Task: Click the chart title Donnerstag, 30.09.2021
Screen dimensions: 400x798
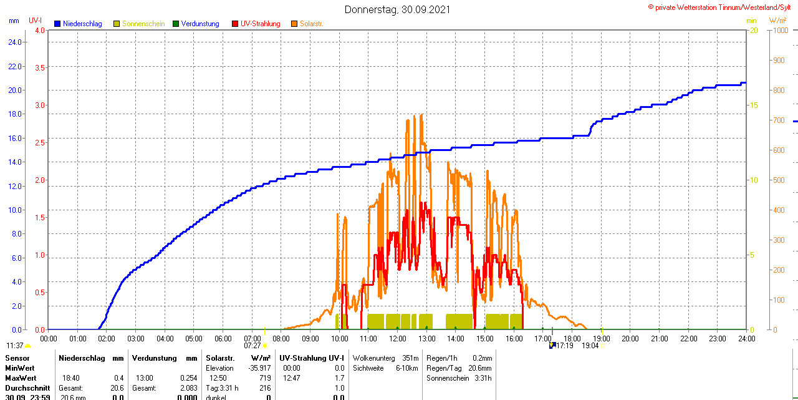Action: click(397, 9)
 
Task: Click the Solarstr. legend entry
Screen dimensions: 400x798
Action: click(311, 24)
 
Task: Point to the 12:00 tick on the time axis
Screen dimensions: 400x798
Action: click(398, 339)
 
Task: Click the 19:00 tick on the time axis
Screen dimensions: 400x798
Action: click(602, 339)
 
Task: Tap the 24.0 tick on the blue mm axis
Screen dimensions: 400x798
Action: click(14, 42)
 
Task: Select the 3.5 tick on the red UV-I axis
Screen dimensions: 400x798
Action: click(40, 67)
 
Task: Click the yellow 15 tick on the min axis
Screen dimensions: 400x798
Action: click(754, 105)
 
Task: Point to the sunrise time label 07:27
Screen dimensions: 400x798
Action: click(252, 346)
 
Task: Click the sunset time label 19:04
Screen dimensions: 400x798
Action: click(590, 346)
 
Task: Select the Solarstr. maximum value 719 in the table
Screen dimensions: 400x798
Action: click(264, 378)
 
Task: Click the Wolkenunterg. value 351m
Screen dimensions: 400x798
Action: click(410, 358)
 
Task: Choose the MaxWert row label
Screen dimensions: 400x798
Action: click(21, 378)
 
